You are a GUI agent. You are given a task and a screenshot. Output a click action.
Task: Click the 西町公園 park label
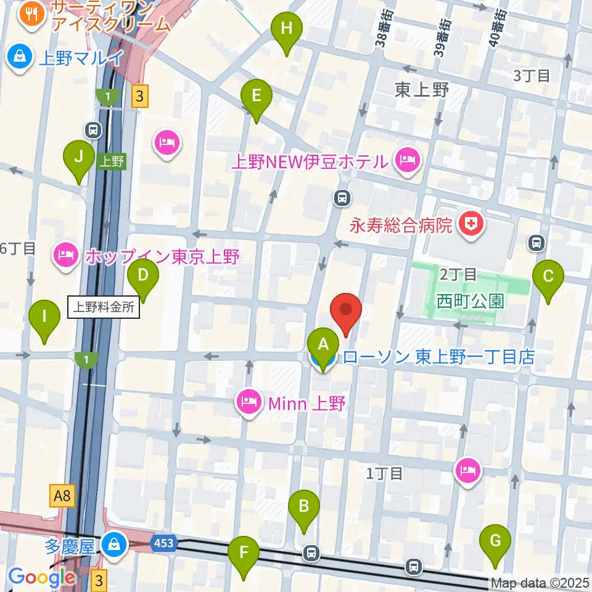click(471, 302)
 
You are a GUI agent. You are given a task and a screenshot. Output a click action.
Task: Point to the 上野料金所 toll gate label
click(104, 308)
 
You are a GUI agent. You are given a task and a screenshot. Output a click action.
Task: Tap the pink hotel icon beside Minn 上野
click(249, 404)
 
